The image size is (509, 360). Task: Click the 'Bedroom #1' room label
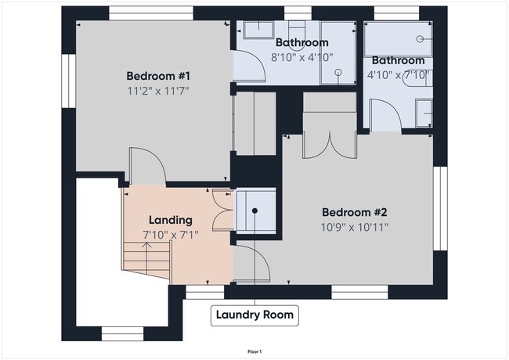159,76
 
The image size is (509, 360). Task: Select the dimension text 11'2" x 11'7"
159,91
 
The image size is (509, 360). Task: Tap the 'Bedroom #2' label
355,212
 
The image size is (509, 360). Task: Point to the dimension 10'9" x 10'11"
355,227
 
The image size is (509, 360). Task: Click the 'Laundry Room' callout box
254,315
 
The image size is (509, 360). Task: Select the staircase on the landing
146,262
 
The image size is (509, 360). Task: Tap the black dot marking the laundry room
254,211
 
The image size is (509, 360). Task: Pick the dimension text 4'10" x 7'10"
398,75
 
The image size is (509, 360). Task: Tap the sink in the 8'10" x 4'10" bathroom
257,31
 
